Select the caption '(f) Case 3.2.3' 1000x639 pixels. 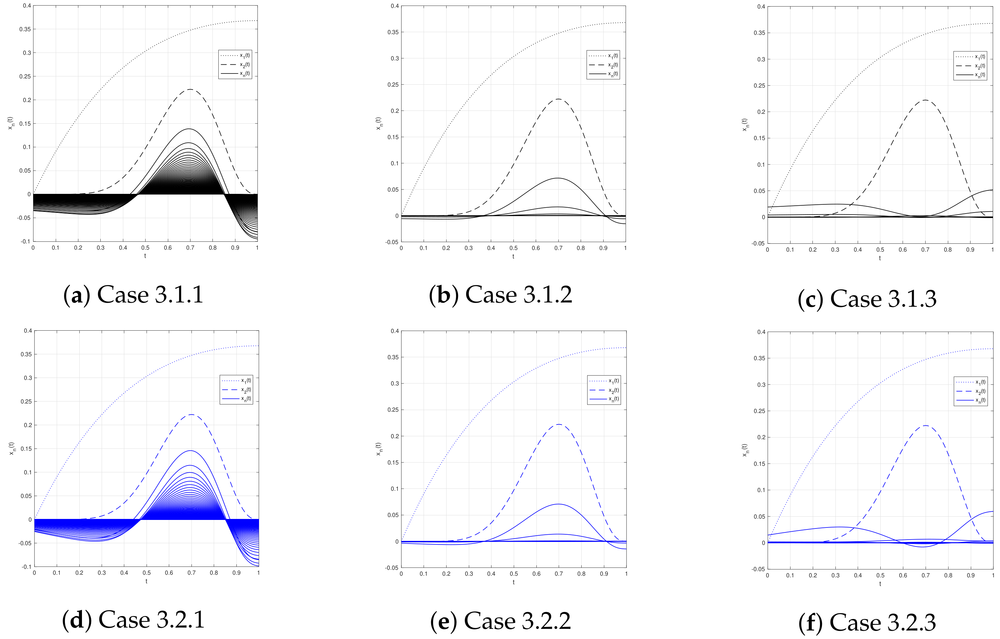pyautogui.click(x=867, y=622)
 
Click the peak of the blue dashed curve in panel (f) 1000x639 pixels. pyautogui.click(x=925, y=425)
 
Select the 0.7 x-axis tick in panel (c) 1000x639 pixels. pyautogui.click(x=925, y=250)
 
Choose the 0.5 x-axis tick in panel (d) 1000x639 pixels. pyautogui.click(x=147, y=573)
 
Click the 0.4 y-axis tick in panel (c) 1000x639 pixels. pyautogui.click(x=761, y=7)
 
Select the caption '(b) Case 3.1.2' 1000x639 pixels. pyautogui.click(x=500, y=295)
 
